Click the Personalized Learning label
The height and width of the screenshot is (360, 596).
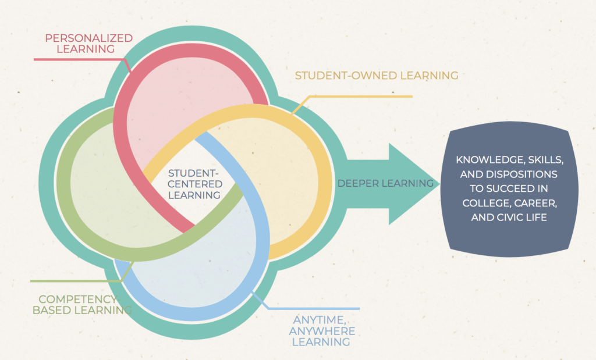[x=88, y=44]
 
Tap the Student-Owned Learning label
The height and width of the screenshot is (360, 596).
[x=376, y=76]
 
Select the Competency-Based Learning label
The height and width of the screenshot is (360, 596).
[x=81, y=304]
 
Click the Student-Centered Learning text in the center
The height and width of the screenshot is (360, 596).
[x=194, y=184]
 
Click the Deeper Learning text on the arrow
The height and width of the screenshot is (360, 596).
[x=385, y=184]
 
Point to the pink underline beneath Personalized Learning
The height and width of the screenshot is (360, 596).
[x=76, y=59]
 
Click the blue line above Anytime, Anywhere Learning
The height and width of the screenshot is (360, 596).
[x=314, y=308]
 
